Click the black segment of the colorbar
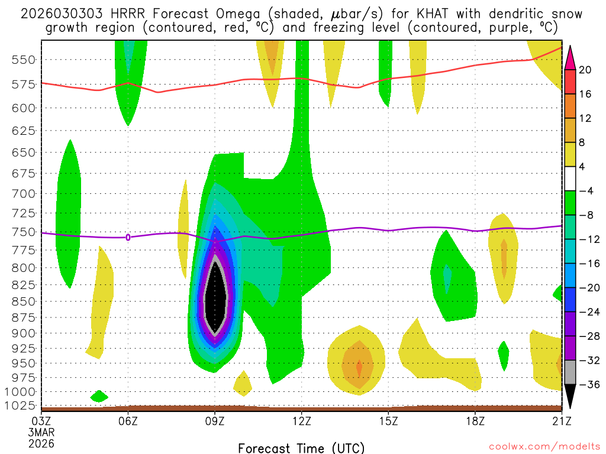click(x=570, y=393)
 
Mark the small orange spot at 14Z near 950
click(x=359, y=368)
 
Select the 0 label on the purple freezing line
click(x=128, y=237)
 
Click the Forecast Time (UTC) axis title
click(x=301, y=447)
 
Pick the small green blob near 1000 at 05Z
click(x=99, y=395)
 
